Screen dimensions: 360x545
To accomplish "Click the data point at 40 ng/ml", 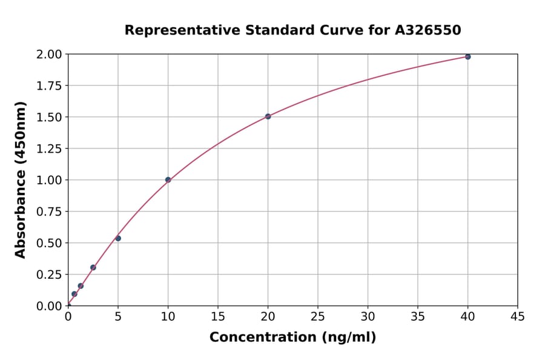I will (467, 56).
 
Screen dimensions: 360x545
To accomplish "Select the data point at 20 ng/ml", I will (268, 116).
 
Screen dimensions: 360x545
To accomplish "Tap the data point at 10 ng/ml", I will (168, 179).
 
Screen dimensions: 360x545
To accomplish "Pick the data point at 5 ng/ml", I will (118, 238).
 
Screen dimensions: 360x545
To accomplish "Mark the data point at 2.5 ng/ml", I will (93, 267).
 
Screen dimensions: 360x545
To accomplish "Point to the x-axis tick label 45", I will (518, 316).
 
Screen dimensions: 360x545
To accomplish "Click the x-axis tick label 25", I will (318, 316).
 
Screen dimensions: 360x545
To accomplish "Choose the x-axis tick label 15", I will (218, 316).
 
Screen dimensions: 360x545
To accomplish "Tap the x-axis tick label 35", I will (418, 316).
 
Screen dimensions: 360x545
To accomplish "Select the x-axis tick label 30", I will (368, 316).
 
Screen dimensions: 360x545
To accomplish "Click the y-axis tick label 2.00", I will (48, 55).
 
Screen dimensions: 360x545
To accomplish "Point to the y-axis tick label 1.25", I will (48, 148).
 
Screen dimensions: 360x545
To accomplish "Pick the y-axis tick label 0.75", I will (48, 212).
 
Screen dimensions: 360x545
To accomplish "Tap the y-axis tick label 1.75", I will (48, 86).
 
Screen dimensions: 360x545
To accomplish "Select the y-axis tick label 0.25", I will (48, 275).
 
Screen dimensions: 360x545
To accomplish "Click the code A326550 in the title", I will (428, 30).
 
